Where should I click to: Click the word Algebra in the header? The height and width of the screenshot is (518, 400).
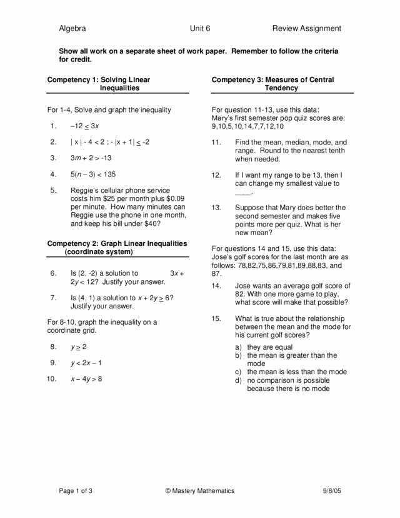72,28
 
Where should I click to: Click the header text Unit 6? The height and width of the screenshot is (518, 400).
200,28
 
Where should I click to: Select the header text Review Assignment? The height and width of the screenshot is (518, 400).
306,28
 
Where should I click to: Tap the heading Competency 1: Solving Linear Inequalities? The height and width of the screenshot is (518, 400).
99,84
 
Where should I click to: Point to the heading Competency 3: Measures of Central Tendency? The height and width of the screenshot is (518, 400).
273,84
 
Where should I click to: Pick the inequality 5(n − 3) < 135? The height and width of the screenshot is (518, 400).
93,175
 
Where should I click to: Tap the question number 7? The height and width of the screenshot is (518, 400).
54,298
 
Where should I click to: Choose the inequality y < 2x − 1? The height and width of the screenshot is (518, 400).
86,363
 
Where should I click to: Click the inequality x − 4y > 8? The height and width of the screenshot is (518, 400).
86,378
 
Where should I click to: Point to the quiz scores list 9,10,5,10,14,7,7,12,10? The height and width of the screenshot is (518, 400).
247,126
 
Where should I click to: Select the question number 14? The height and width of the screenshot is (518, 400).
216,285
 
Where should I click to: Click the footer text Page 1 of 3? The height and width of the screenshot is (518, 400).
76,491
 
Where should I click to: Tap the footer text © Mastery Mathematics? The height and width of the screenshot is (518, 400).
200,491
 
